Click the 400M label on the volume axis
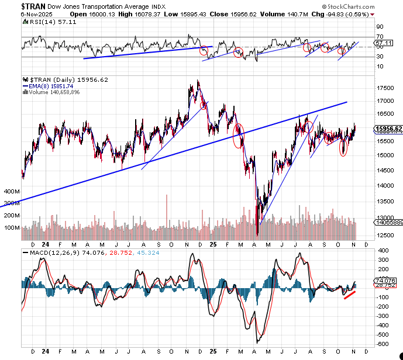click(12, 191)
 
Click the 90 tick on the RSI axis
click(379, 27)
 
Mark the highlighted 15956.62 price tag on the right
click(388, 129)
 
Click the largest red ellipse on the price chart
click(238, 135)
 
